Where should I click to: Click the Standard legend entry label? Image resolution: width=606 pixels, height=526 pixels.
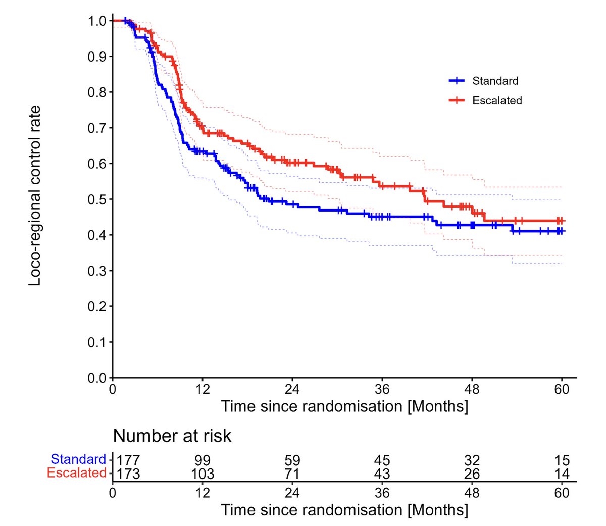495,81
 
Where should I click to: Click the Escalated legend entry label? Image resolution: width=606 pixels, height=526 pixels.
497,101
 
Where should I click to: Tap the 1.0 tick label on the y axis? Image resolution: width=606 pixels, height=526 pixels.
97,21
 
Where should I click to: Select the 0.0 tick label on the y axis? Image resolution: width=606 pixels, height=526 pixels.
97,378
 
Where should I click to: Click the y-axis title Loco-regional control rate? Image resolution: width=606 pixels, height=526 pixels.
35,196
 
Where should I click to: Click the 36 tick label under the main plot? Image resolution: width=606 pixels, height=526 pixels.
382,390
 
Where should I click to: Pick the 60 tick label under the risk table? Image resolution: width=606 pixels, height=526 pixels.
562,493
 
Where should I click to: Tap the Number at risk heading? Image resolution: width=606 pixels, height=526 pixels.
172,436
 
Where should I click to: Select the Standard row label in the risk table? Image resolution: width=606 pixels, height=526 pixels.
78,459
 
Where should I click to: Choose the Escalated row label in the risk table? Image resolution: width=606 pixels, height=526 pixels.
77,473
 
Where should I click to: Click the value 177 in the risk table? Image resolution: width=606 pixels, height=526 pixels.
128,460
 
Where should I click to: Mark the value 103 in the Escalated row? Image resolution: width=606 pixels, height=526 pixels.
203,474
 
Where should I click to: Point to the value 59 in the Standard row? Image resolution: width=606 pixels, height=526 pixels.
292,460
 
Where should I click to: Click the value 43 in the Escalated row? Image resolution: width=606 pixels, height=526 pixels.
382,474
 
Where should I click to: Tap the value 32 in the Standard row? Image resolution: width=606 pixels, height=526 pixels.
472,460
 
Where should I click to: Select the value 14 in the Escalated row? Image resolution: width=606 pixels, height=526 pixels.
562,474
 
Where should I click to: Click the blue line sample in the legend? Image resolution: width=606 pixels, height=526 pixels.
457,81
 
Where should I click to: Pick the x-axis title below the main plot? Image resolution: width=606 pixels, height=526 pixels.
344,406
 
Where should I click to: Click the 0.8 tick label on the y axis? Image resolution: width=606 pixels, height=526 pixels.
97,92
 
